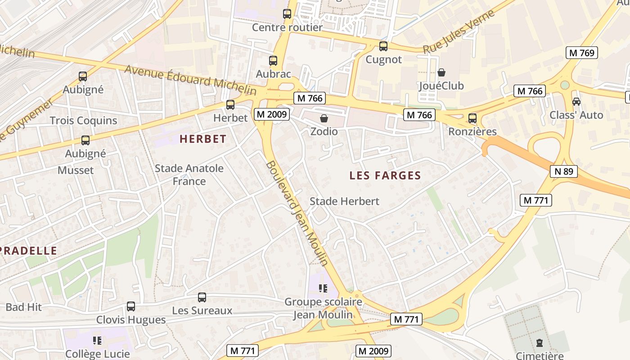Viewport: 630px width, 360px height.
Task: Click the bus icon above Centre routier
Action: [287, 14]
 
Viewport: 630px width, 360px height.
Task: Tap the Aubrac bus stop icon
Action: [273, 61]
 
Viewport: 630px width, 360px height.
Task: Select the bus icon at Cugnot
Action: [383, 46]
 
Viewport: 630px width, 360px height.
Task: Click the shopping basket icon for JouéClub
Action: [441, 72]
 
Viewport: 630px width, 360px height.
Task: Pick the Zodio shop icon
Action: [324, 118]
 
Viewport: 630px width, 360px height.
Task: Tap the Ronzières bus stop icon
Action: [472, 118]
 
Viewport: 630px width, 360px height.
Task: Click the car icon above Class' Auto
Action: [576, 102]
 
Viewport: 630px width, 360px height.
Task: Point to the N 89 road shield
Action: [563, 171]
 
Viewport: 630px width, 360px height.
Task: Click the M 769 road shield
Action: [582, 53]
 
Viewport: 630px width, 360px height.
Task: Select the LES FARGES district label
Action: [385, 176]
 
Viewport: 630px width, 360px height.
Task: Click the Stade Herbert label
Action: [344, 201]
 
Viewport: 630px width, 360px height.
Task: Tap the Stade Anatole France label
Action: [189, 175]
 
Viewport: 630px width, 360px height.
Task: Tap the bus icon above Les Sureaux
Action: [202, 297]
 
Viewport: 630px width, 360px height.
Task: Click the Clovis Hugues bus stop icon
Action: [131, 306]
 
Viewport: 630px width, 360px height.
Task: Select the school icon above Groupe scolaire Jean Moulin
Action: [323, 288]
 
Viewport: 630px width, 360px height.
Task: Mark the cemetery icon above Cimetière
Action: [540, 343]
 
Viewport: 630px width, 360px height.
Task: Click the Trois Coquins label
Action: [83, 121]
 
